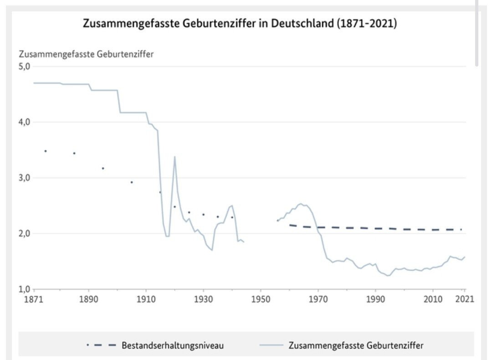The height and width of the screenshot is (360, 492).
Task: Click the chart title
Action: pyautogui.click(x=240, y=24)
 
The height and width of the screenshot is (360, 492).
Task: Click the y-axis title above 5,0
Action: pyautogui.click(x=86, y=54)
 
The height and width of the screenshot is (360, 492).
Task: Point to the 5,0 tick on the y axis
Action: pyautogui.click(x=24, y=67)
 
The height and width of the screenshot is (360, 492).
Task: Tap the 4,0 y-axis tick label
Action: pyautogui.click(x=24, y=122)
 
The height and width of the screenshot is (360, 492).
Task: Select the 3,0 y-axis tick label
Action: pyautogui.click(x=24, y=178)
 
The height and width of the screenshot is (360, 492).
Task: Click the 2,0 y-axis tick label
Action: pyautogui.click(x=24, y=233)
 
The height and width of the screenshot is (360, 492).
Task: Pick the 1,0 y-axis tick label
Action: pyautogui.click(x=24, y=289)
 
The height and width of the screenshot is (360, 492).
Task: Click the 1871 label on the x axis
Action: pyautogui.click(x=34, y=299)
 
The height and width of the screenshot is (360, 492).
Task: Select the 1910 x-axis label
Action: pyautogui.click(x=146, y=299)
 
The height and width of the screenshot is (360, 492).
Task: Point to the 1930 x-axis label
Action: pyautogui.click(x=203, y=299)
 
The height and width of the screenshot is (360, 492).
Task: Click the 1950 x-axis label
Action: pyautogui.click(x=261, y=299)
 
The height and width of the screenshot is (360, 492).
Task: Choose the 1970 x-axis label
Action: pyautogui.click(x=318, y=299)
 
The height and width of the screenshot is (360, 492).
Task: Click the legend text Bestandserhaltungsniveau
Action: pyautogui.click(x=173, y=345)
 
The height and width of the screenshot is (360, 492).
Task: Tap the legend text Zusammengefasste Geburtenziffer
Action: pyautogui.click(x=356, y=345)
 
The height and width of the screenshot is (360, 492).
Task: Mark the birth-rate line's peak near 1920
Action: pyautogui.click(x=174, y=157)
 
